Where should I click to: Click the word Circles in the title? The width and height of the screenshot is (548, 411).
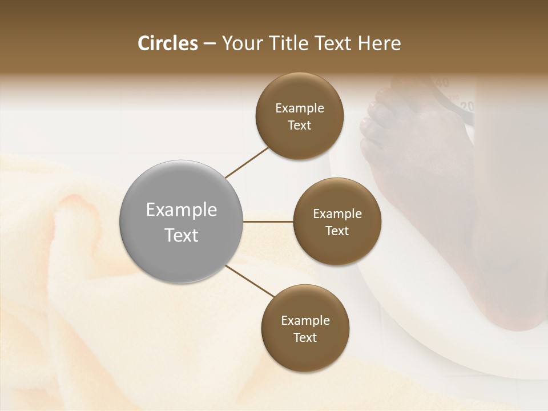point(168,43)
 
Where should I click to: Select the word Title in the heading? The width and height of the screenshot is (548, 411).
point(293,43)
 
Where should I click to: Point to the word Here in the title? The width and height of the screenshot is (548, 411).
point(379,43)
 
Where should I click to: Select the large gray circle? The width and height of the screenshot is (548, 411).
point(182,221)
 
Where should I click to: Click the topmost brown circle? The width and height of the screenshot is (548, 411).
point(300,116)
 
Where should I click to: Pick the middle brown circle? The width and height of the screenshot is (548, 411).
point(337,221)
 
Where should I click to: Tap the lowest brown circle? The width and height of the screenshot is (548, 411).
point(305,328)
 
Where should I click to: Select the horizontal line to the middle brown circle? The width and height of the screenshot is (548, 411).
point(268,221)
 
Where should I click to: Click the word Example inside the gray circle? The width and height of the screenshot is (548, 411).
point(182,209)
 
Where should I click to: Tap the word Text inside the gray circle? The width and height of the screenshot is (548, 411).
point(182,235)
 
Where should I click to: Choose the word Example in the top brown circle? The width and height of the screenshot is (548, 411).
point(300,108)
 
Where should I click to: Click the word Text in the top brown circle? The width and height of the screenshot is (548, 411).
point(300,125)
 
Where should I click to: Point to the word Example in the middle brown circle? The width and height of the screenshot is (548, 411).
point(337,213)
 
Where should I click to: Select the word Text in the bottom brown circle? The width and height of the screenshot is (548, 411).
point(305,337)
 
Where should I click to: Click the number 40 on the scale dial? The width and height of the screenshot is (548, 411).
point(442,83)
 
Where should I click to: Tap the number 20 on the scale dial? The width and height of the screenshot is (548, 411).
point(468,106)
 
